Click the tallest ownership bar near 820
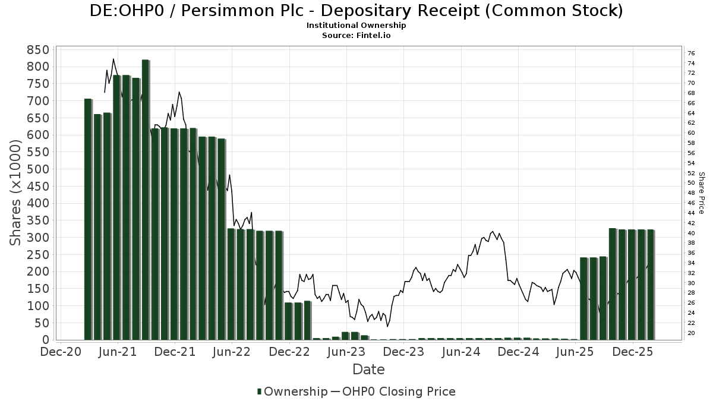pyautogui.click(x=146, y=199)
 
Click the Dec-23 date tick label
pyautogui.click(x=403, y=352)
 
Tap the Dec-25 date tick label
pyautogui.click(x=633, y=352)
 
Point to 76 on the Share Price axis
pyautogui.click(x=692, y=53)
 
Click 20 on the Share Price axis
pyautogui.click(x=692, y=333)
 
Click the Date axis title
pyautogui.click(x=368, y=370)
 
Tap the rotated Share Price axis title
pyautogui.click(x=701, y=193)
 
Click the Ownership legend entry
pyautogui.click(x=292, y=391)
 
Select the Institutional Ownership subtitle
pyautogui.click(x=356, y=26)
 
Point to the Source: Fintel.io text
pyautogui.click(x=356, y=35)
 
